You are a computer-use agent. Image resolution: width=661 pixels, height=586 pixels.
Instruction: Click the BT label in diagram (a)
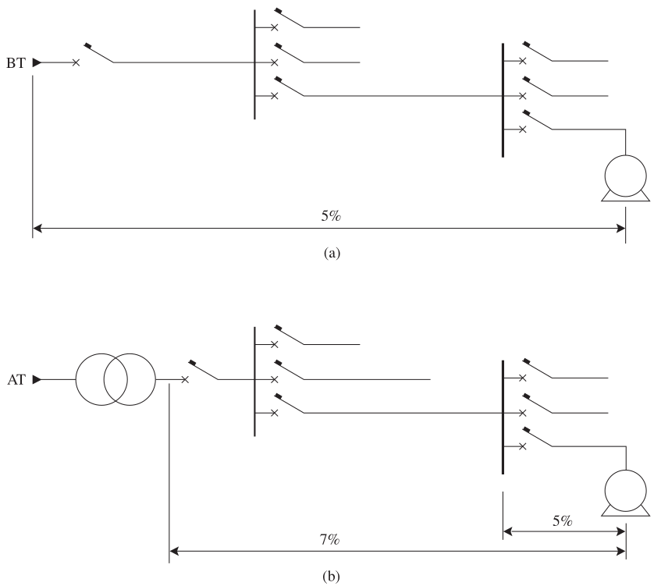[x=16, y=63]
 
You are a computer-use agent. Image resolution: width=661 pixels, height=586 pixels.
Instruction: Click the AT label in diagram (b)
[x=16, y=380]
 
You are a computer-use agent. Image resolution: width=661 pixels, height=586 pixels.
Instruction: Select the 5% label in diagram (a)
[x=331, y=216]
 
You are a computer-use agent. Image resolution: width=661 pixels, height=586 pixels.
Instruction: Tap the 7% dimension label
[x=329, y=539]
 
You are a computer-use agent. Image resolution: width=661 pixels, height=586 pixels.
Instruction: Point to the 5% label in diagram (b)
[x=563, y=521]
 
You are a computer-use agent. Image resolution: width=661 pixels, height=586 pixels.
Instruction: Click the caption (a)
[x=332, y=253]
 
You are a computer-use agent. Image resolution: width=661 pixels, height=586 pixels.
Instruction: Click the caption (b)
[x=331, y=577]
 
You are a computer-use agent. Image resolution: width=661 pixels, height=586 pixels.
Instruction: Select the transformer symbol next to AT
[x=115, y=380]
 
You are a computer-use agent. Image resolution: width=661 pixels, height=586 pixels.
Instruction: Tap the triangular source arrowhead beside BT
[x=37, y=63]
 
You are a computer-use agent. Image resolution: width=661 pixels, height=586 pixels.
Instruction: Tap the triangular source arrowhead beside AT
[x=37, y=380]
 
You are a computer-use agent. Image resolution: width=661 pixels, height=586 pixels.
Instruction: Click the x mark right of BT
[x=76, y=63]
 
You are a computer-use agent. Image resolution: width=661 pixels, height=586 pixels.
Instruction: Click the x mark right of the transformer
[x=185, y=380]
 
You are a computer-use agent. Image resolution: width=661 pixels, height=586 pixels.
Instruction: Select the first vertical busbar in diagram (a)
[x=254, y=65]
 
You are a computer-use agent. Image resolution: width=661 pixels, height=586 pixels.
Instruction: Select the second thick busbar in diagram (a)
[x=503, y=101]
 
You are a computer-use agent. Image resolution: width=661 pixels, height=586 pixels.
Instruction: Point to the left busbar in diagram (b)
[x=254, y=382]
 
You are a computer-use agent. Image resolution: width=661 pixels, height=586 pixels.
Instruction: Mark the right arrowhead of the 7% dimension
[x=621, y=551]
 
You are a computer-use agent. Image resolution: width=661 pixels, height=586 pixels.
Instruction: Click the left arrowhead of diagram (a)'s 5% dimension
[x=37, y=229]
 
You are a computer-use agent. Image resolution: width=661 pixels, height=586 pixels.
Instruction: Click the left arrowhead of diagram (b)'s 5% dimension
[x=507, y=531]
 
